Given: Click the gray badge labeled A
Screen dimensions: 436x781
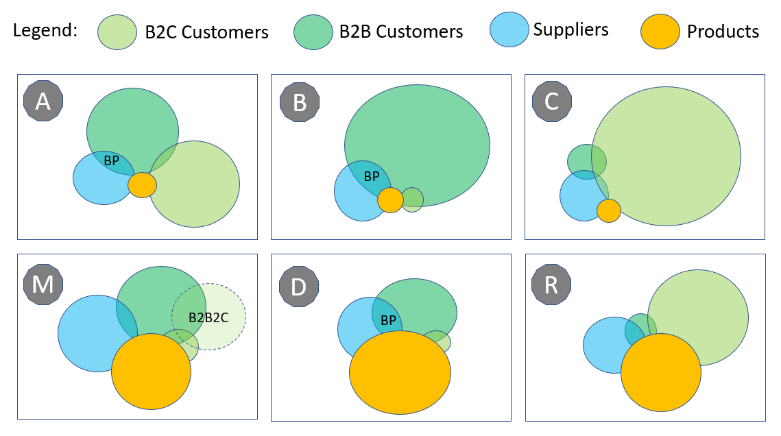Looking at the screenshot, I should pyautogui.click(x=43, y=101).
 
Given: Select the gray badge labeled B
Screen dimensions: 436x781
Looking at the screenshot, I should pyautogui.click(x=300, y=102).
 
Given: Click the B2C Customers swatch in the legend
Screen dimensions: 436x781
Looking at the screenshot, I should pyautogui.click(x=118, y=32).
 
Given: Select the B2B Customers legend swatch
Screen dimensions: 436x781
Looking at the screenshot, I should pyautogui.click(x=314, y=32).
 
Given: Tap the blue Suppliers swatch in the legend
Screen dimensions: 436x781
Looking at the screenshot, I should pyautogui.click(x=509, y=30).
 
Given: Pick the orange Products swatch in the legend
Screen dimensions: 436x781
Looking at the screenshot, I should pyautogui.click(x=660, y=32).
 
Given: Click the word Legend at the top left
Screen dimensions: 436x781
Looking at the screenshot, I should pyautogui.click(x=45, y=31).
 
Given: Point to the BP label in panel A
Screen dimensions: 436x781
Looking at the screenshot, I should pyautogui.click(x=111, y=161).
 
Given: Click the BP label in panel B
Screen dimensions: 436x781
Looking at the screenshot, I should pyautogui.click(x=371, y=176).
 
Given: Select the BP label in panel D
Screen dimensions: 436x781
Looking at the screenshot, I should pyautogui.click(x=388, y=319).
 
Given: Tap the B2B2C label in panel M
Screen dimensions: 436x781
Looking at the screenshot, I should pyautogui.click(x=208, y=317).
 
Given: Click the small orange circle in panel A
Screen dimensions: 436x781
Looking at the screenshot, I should pyautogui.click(x=142, y=184).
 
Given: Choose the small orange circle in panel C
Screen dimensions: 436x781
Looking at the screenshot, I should pyautogui.click(x=608, y=211).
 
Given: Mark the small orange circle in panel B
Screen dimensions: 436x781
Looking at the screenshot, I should pyautogui.click(x=390, y=199).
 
